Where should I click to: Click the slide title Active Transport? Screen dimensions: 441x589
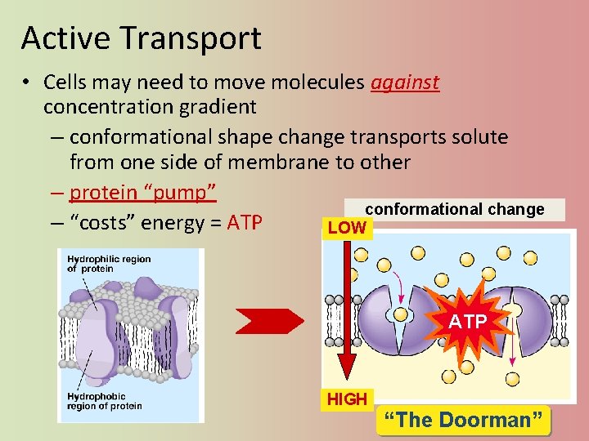[x=141, y=38]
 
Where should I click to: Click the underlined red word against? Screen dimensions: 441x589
[x=405, y=82]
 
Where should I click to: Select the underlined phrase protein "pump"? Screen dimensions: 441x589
[x=142, y=193]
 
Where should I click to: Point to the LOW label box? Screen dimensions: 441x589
[x=346, y=228]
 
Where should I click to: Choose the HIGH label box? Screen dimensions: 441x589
[x=347, y=399]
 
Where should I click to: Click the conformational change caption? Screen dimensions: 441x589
[x=454, y=210]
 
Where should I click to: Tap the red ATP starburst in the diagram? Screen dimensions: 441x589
[x=467, y=322]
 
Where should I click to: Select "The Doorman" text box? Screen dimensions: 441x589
[x=464, y=421]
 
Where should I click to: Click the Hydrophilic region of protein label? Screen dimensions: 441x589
[x=108, y=264]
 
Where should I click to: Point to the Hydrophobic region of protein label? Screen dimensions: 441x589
[x=104, y=402]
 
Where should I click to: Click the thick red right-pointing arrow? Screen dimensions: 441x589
[x=268, y=322]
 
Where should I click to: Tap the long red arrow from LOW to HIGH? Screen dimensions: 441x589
[x=346, y=310]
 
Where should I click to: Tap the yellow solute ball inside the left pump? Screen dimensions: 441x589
[x=401, y=314]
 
